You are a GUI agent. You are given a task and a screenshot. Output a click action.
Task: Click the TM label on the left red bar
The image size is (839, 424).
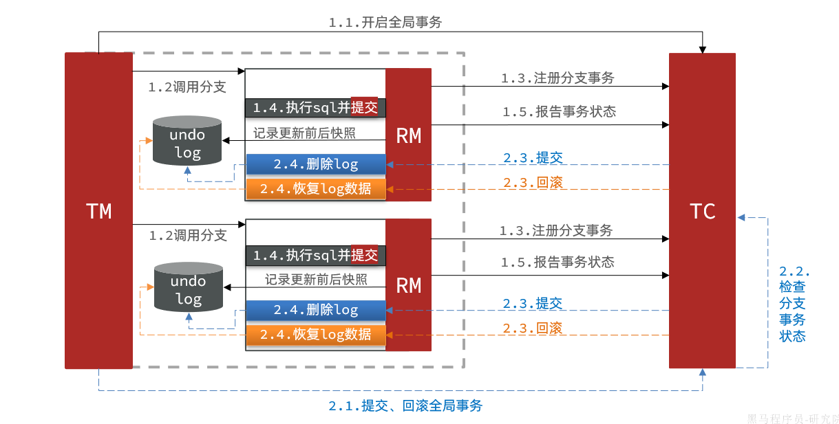click(99, 211)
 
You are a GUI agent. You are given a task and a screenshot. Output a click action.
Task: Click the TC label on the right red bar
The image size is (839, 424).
click(702, 211)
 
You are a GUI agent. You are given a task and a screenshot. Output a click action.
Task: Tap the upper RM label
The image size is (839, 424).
click(408, 136)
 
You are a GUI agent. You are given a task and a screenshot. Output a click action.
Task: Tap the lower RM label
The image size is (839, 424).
click(408, 285)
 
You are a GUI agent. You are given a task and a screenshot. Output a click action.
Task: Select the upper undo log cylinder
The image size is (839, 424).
click(187, 142)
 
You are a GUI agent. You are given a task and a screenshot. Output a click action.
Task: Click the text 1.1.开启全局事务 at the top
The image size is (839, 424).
click(385, 23)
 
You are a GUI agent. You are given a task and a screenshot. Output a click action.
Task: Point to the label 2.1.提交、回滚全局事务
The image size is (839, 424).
click(405, 405)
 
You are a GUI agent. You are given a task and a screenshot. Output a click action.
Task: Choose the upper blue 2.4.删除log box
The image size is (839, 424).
click(316, 164)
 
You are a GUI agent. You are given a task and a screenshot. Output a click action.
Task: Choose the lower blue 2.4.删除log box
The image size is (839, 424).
click(316, 310)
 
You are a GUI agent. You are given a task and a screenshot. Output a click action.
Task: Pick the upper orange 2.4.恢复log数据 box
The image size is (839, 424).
click(316, 188)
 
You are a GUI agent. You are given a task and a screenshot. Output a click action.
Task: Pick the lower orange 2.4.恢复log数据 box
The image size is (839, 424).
click(316, 335)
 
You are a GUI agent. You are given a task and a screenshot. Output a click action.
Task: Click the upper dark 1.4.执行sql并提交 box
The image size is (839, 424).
click(315, 108)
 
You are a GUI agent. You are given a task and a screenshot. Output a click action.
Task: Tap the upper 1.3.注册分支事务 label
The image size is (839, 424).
click(557, 78)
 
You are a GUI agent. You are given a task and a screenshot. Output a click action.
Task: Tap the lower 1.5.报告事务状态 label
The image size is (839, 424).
click(557, 262)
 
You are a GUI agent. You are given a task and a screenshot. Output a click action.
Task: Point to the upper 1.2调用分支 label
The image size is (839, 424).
click(187, 88)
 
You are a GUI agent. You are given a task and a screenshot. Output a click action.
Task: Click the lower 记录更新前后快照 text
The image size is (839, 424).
click(316, 280)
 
